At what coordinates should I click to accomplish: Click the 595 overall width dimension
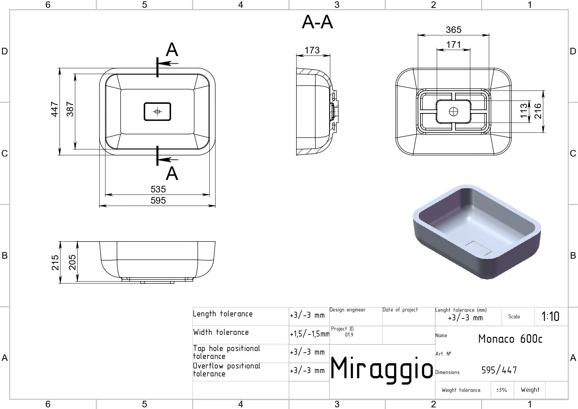(x=158, y=200)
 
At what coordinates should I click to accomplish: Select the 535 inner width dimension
(x=158, y=189)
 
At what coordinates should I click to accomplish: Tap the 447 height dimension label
(x=55, y=109)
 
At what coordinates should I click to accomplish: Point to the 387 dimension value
(x=70, y=109)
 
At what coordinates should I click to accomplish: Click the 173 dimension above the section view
(x=312, y=50)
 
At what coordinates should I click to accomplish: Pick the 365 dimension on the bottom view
(x=453, y=30)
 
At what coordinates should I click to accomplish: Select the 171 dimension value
(x=453, y=44)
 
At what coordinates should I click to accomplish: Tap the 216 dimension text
(x=538, y=111)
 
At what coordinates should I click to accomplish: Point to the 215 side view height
(x=55, y=262)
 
